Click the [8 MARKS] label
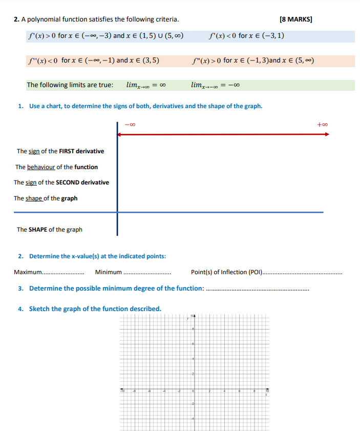click(296, 19)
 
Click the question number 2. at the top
click(16, 19)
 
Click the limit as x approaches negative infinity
click(215, 85)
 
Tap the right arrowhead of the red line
click(326, 134)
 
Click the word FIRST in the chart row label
click(67, 151)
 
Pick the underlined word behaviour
click(41, 167)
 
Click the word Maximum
click(28, 272)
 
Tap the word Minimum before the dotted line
click(108, 272)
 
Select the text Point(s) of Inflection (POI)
click(226, 272)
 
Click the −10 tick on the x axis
click(122, 391)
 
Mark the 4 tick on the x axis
click(223, 391)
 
